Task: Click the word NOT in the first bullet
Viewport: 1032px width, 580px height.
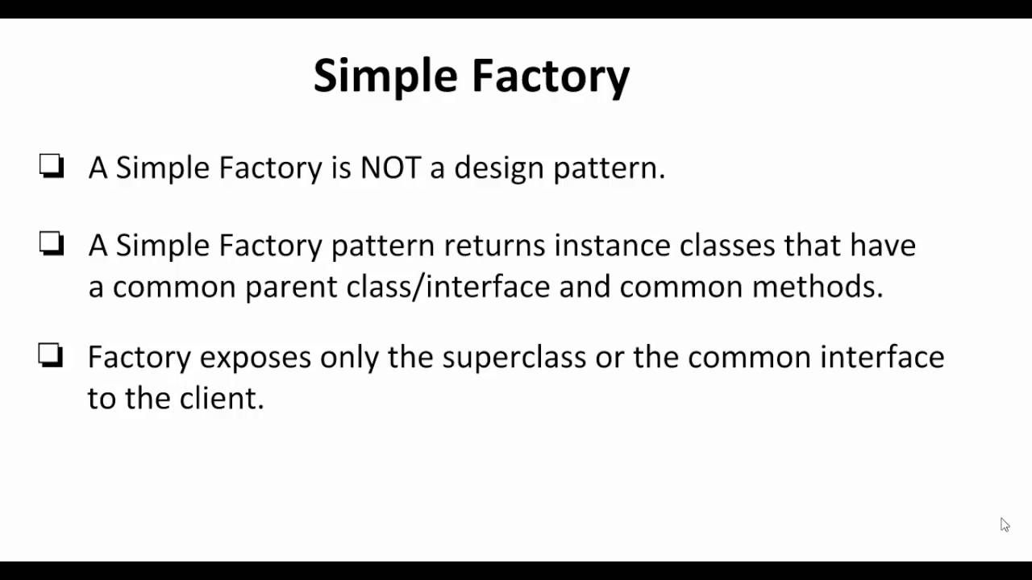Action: [x=390, y=168]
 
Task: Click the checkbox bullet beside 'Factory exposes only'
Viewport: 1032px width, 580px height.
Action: [x=51, y=355]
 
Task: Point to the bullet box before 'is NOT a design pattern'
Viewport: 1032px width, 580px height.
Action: [x=52, y=166]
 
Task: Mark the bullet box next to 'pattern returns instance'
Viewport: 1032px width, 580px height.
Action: [x=52, y=243]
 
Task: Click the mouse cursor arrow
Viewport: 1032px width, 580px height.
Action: [x=1005, y=524]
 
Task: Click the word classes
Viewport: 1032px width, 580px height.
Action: [x=727, y=245]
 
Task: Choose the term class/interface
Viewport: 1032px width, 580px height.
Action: [x=448, y=287]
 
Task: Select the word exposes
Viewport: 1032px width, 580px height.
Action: [x=255, y=357]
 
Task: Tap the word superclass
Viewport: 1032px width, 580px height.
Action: [x=514, y=357]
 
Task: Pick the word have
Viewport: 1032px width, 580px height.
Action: [x=883, y=245]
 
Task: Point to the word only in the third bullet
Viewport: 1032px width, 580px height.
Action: [x=349, y=357]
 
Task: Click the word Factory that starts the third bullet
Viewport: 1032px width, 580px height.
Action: [x=139, y=357]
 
